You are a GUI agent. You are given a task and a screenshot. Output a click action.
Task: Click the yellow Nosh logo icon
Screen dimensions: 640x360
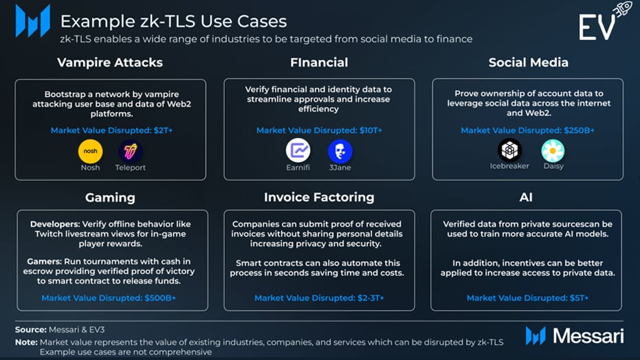[x=90, y=151]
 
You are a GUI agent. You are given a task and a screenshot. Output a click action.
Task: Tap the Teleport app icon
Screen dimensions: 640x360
[x=130, y=151]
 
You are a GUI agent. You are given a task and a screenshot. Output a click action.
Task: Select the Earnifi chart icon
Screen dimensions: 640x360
[x=298, y=150]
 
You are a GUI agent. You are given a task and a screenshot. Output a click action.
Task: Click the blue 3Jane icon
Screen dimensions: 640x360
[x=340, y=151]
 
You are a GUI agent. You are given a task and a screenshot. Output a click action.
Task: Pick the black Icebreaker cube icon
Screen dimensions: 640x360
[x=509, y=150]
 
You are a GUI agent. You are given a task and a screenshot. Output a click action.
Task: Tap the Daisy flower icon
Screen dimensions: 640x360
[x=553, y=150]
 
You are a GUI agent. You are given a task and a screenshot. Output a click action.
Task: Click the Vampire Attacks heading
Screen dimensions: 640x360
[x=110, y=63]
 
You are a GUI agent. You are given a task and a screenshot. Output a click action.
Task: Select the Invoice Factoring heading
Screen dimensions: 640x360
[x=319, y=197]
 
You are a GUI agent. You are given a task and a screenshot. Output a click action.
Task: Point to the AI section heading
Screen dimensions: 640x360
[x=526, y=197]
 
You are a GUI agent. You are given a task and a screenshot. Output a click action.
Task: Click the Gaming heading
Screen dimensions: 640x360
[x=110, y=198]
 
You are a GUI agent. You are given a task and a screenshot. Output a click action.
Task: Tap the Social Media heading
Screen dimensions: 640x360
[x=529, y=63]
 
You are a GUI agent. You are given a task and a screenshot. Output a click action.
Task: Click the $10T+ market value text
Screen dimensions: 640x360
[x=371, y=131]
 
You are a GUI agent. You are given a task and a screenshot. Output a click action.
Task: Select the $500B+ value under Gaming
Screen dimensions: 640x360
[x=160, y=298]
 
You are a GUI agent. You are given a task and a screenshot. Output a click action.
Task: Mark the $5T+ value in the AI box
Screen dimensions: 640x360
[x=580, y=298]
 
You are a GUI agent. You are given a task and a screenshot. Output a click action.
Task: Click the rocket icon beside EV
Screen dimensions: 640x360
[x=623, y=9]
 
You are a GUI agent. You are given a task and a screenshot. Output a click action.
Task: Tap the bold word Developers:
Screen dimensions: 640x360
[x=55, y=224]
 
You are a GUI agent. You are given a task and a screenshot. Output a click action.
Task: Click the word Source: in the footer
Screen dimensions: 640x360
[x=31, y=329]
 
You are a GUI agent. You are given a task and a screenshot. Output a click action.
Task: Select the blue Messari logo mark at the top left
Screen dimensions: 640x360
[x=33, y=21]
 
